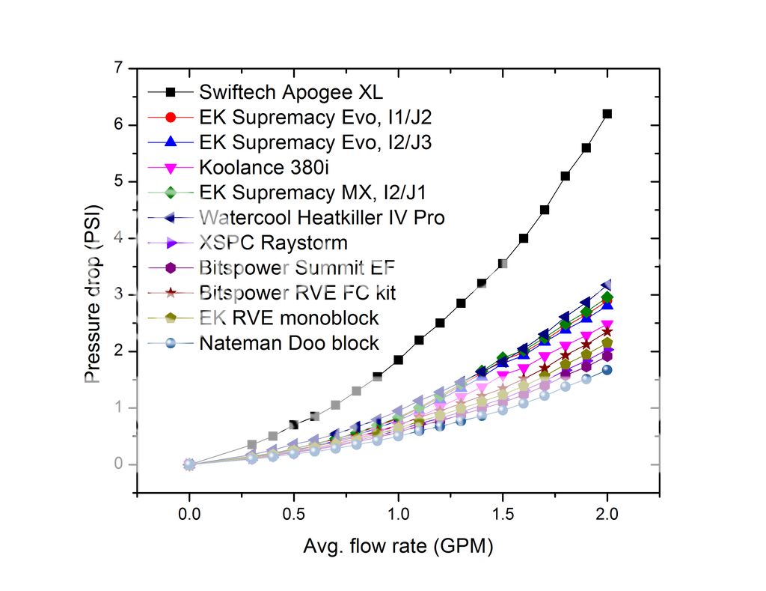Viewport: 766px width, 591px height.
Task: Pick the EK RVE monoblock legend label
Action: coord(289,318)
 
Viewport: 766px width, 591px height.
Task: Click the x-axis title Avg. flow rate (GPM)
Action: coord(398,548)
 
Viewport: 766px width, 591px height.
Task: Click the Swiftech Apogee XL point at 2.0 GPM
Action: coord(607,114)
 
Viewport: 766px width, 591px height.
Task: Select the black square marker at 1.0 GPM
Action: coord(399,360)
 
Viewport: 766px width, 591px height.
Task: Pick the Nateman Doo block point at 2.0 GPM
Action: coord(607,369)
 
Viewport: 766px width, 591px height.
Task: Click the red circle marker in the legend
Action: coord(170,118)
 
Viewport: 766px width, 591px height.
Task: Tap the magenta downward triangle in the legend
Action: coord(170,168)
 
